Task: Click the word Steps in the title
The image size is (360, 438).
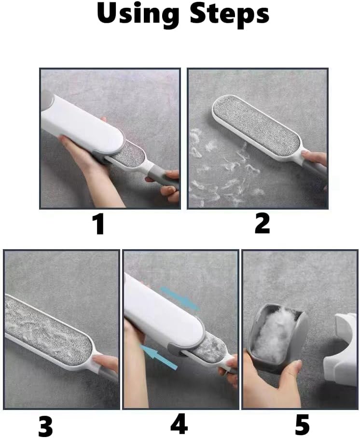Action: click(229, 14)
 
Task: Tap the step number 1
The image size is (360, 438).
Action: click(99, 224)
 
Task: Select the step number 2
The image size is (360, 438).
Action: click(263, 223)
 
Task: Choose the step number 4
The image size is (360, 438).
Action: click(179, 424)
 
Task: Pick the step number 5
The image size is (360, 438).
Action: click(302, 424)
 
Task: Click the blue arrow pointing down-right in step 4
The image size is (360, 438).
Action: click(180, 298)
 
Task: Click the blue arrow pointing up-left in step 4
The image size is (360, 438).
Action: click(158, 357)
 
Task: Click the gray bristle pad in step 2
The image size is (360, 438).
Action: click(256, 124)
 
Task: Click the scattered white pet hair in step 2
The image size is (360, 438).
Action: click(223, 167)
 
